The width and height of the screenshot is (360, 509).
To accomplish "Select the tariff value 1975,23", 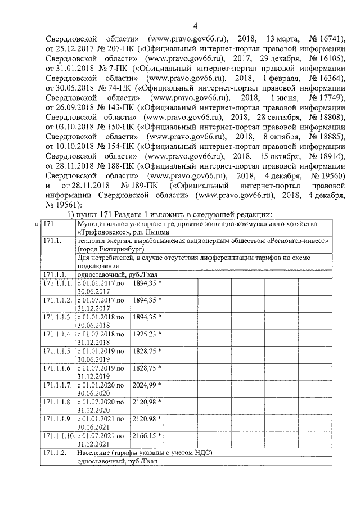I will (x=145, y=334).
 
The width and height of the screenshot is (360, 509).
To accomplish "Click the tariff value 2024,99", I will (x=145, y=385).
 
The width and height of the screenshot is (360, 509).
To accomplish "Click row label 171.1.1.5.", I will (x=57, y=351).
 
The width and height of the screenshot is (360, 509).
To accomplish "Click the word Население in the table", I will (x=92, y=453).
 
